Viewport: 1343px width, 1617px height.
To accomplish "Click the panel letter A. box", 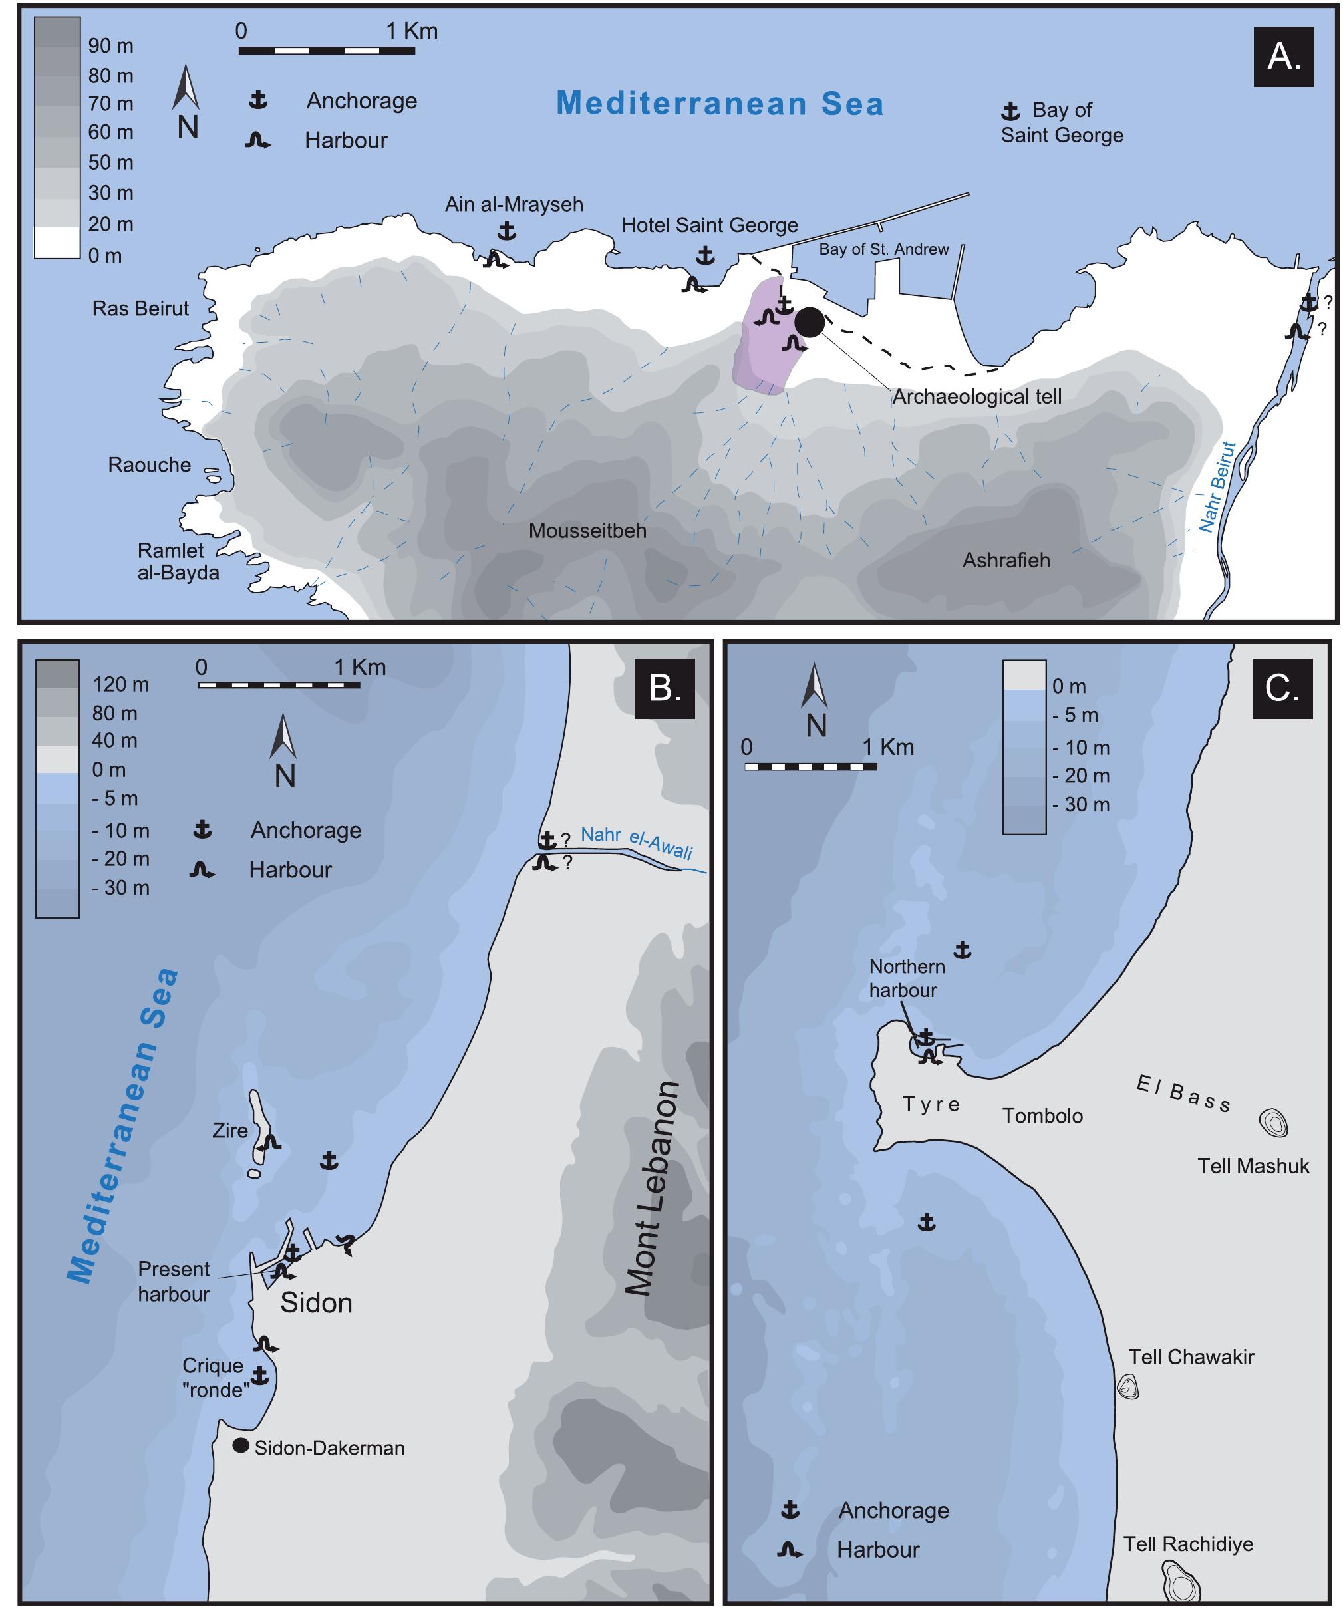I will coord(1284,57).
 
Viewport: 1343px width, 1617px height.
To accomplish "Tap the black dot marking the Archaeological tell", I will coord(810,322).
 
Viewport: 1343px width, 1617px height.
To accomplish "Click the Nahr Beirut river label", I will coord(1217,487).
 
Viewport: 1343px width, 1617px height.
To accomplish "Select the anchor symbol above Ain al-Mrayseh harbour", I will coord(506,230).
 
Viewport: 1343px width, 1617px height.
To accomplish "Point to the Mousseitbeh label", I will coord(587,531).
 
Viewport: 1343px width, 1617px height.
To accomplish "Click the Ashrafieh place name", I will coord(1006,561).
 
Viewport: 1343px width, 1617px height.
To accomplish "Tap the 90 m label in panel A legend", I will coord(111,45).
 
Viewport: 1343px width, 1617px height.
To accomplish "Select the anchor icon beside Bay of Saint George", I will coord(1010,112).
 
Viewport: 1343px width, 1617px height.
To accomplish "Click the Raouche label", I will coord(150,465).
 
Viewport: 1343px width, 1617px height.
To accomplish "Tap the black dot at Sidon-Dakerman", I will coord(241,1445).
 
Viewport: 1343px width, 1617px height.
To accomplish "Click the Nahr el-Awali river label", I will coord(636,841).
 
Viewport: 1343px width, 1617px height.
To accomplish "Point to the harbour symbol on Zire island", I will coord(269,1143).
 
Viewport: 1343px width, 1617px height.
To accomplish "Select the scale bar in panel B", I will coord(279,684).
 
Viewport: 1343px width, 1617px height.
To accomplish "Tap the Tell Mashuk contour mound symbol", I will coord(1273,1123).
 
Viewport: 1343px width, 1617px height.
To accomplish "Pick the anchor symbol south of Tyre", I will coord(927,1222).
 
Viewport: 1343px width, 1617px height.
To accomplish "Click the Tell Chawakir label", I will coord(1191,1357).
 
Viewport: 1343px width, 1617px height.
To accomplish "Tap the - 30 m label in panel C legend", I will coord(1080,805).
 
